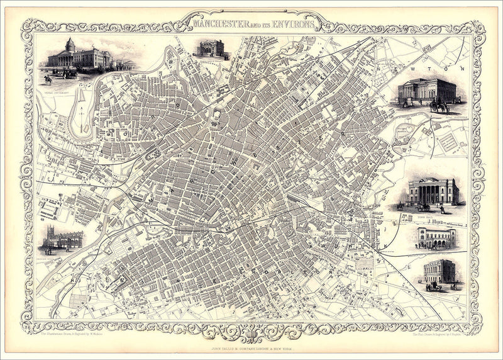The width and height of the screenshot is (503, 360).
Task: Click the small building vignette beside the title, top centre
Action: pos(211,48)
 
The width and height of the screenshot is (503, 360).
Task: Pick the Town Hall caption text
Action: pos(428,215)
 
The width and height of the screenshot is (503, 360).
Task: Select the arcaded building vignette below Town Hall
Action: pos(436,238)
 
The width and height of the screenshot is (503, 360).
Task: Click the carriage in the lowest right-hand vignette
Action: pos(434,285)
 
